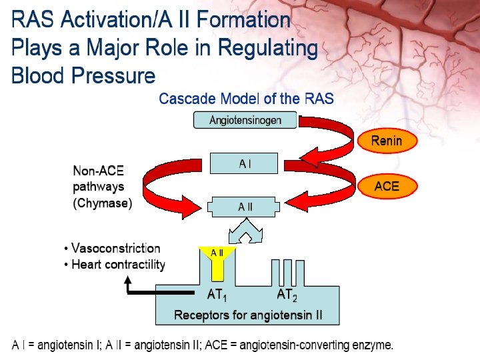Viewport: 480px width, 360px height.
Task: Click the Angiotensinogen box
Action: tap(245, 120)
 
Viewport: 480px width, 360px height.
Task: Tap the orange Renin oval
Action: tap(386, 141)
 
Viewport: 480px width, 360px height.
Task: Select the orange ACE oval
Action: tap(386, 186)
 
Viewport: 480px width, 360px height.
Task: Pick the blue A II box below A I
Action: tap(245, 207)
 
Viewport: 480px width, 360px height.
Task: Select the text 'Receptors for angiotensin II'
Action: tap(247, 315)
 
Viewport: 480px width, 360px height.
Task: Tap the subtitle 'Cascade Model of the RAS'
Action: tap(246, 99)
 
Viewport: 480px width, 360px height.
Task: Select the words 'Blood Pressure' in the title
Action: tap(83, 75)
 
